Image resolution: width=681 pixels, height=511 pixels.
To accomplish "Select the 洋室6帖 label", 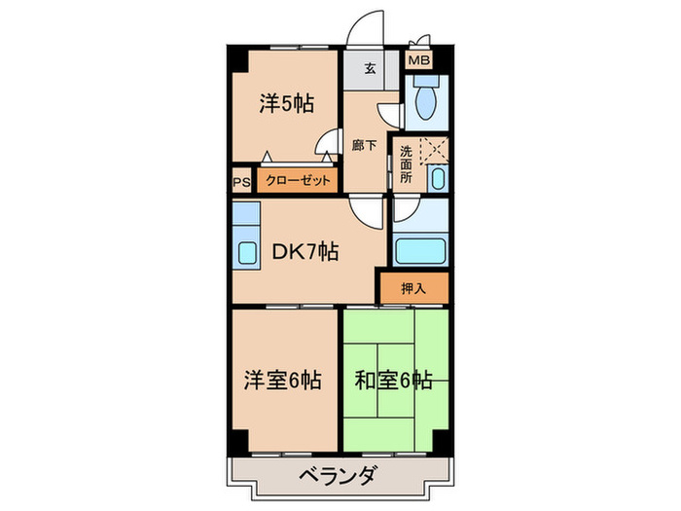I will click(283, 381).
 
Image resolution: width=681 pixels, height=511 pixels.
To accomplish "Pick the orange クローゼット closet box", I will click(294, 180).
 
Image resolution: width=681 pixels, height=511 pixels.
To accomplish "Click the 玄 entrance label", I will click(371, 68).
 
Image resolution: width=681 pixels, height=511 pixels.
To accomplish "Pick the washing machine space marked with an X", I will click(432, 151).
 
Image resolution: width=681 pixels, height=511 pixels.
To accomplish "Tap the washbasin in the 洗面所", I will click(437, 178).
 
